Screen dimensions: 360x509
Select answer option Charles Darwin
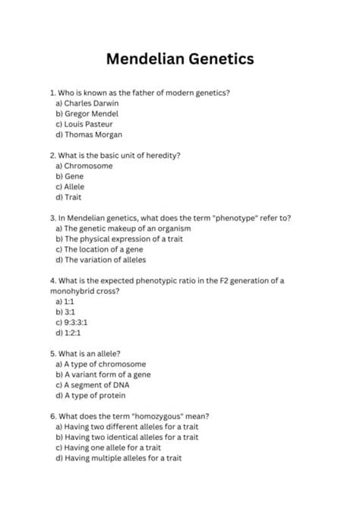87,103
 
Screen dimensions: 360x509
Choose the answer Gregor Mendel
87,113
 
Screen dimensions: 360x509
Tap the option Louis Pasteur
84,124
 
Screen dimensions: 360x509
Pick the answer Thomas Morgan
88,134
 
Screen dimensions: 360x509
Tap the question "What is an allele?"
80,353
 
